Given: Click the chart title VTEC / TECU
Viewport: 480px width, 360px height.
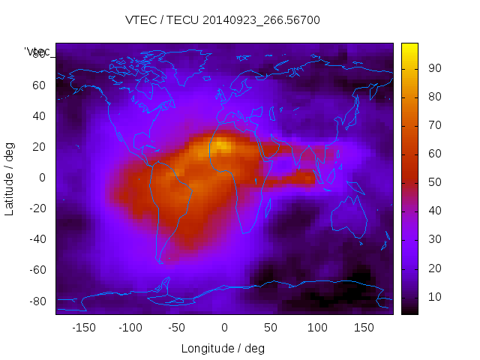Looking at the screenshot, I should (x=223, y=20).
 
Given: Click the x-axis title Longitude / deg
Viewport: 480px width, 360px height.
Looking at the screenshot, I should (x=223, y=348).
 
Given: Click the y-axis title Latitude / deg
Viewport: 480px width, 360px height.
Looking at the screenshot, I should (x=10, y=178).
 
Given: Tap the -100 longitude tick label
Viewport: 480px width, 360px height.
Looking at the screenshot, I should (x=130, y=327).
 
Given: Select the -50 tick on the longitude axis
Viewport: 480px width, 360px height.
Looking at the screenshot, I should (x=177, y=327).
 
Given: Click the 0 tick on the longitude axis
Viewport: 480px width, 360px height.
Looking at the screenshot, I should (x=224, y=327).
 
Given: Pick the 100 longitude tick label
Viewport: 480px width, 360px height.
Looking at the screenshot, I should (x=318, y=327).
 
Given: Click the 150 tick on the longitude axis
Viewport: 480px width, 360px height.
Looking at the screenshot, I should (x=364, y=327).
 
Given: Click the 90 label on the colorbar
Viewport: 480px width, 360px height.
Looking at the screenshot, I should (x=433, y=68).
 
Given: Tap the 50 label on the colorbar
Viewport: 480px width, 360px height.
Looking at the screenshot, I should (x=433, y=182).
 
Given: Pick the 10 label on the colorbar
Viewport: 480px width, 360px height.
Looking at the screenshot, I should (x=433, y=297).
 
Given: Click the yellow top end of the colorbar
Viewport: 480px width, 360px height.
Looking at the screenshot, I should (x=409, y=46).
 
